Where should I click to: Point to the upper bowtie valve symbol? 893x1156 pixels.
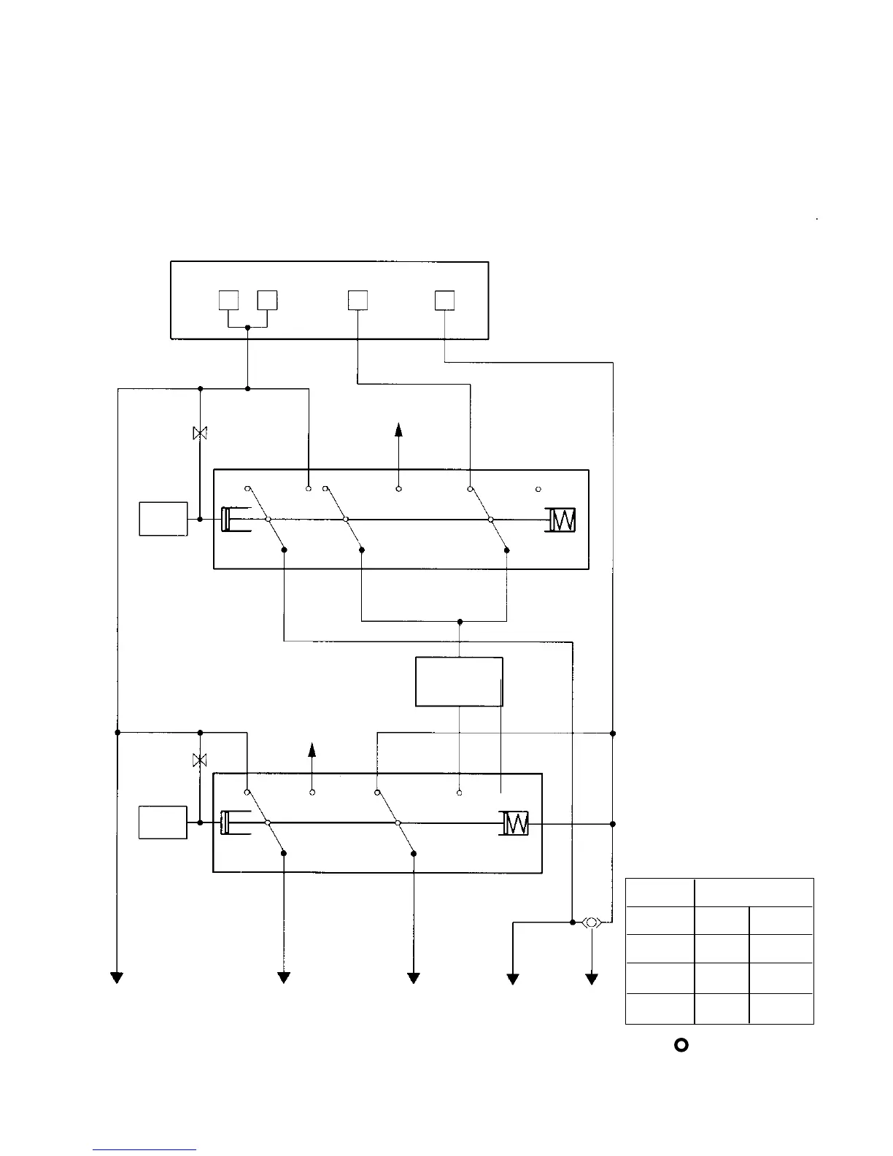tap(199, 433)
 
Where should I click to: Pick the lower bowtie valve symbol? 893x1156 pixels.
tap(199, 760)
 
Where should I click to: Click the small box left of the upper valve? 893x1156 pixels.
tap(163, 519)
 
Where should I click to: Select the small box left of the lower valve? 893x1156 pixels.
tap(163, 822)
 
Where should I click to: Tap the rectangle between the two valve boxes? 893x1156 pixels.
tap(459, 682)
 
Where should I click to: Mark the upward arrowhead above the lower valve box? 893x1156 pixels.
tap(312, 749)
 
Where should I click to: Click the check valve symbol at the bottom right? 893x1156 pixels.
tap(591, 922)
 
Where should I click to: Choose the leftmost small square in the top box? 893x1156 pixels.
tap(229, 301)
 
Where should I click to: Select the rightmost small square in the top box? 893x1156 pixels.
tap(444, 301)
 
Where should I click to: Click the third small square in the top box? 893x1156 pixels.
tap(357, 301)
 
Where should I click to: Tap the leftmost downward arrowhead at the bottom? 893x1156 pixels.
tap(117, 978)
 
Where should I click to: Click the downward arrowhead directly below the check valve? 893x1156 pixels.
tap(592, 979)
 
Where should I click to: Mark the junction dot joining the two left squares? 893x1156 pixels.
tap(248, 328)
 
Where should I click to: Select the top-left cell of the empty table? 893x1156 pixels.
tap(660, 893)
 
